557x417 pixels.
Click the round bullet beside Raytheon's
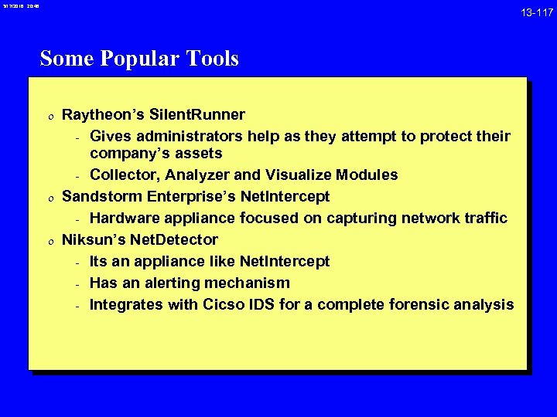click(50, 117)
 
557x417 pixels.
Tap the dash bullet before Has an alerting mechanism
click(78, 284)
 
